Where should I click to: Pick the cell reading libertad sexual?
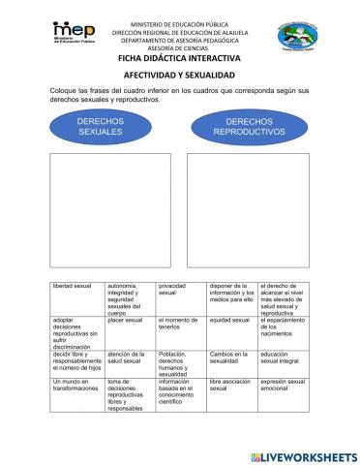pos(77,288)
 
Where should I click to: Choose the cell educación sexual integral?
pos(285,358)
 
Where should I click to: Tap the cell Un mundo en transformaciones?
pos(77,387)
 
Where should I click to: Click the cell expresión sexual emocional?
pos(285,387)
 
